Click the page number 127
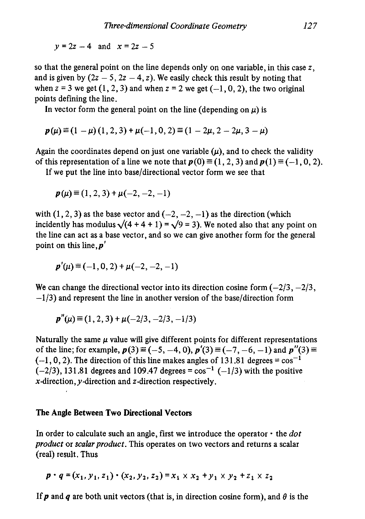(x=310, y=26)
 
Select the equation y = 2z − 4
(x=73, y=46)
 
